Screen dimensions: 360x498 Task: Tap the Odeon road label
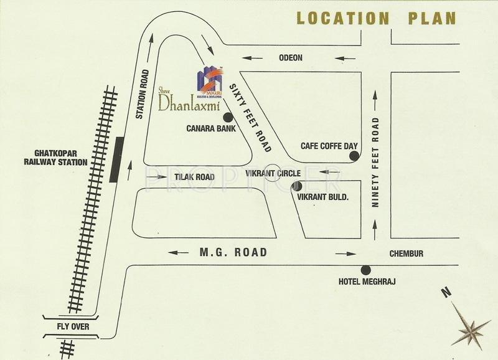[x=289, y=58]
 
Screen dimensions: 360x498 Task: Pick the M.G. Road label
[x=233, y=252]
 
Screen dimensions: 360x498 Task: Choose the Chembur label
[x=406, y=253]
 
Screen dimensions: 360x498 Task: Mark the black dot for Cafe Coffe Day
[x=354, y=156]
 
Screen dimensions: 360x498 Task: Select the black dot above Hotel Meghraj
[x=365, y=270]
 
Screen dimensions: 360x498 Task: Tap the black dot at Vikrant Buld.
[x=298, y=186]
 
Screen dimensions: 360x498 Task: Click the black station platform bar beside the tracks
[x=115, y=158]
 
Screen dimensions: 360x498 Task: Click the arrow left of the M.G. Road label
[x=178, y=253]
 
